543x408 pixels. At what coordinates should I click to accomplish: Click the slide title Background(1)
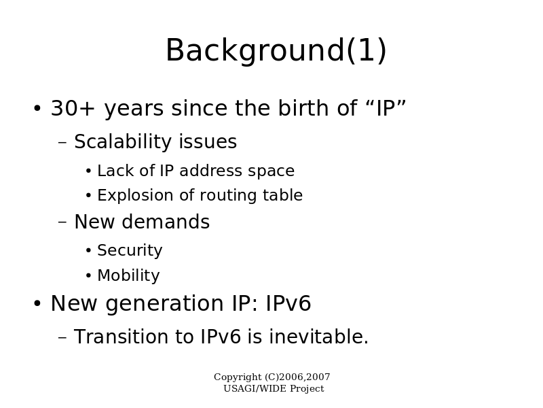point(276,50)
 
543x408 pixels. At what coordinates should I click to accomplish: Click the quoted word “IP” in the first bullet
point(386,108)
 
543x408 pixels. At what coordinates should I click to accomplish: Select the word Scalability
point(124,142)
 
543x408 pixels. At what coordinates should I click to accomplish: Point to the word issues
point(208,141)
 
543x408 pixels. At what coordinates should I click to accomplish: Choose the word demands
point(166,222)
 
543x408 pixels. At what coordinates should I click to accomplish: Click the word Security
point(130,251)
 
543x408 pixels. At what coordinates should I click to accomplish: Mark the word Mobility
point(129,276)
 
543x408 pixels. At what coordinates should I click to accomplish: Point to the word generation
point(164,304)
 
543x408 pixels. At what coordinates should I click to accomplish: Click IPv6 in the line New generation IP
point(288,303)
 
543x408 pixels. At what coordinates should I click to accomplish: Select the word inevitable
point(319,337)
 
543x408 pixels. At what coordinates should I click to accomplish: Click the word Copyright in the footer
point(238,377)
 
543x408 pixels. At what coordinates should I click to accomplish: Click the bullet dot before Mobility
point(89,276)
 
